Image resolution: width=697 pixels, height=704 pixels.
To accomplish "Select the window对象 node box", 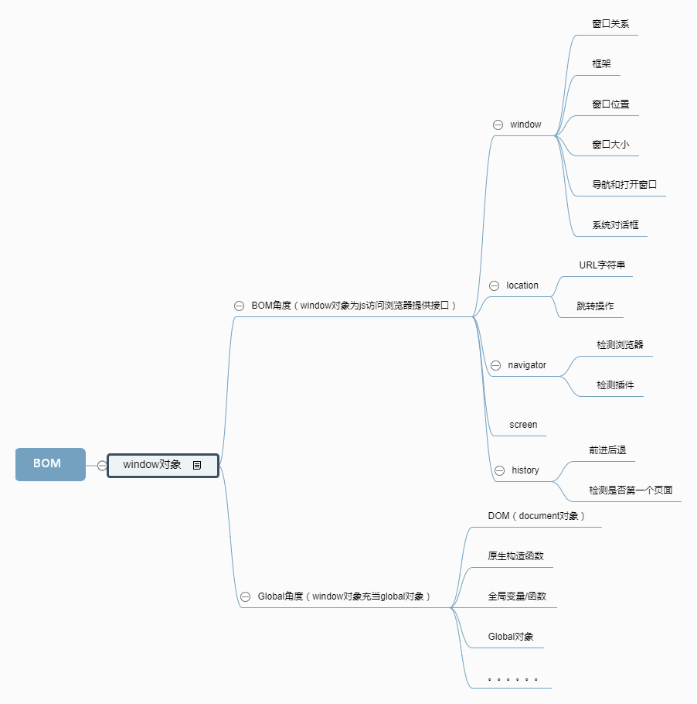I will (153, 465).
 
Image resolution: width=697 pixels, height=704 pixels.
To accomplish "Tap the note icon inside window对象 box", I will (197, 465).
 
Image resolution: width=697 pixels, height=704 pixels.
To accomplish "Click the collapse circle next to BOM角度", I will (240, 306).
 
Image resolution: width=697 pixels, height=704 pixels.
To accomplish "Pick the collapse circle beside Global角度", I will (245, 596).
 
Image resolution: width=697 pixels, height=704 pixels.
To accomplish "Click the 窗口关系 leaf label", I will (610, 24).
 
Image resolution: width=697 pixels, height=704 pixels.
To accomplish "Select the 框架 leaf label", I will (601, 64).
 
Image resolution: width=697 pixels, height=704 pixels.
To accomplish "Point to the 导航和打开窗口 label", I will (624, 185).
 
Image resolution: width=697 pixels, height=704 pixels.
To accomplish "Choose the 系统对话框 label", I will (615, 225).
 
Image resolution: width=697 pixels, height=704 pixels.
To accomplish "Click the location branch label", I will (522, 285).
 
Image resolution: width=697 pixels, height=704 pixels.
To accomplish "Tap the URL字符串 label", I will (602, 265).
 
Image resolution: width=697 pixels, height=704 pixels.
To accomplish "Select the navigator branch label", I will (527, 365).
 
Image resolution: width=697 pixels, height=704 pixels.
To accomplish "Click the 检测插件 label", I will (615, 384).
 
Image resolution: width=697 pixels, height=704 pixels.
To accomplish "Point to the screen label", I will (523, 425).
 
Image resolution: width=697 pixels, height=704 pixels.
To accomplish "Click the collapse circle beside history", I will (498, 470).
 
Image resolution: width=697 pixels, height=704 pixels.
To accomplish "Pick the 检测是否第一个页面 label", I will (631, 490).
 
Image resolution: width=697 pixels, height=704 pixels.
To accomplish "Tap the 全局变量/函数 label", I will (517, 596).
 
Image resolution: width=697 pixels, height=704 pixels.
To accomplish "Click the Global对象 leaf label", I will (511, 637).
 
